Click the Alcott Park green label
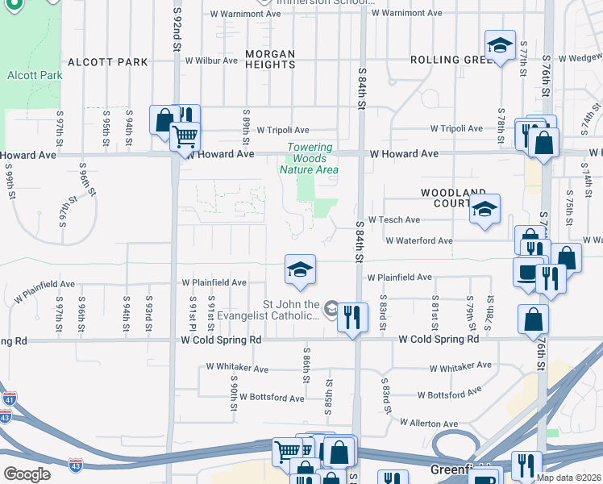click(28, 75)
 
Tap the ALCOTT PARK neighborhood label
click(108, 61)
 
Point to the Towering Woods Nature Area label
click(309, 158)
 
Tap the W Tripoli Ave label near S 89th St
click(283, 130)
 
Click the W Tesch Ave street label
click(393, 219)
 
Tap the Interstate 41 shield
click(9, 398)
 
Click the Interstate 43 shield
click(6, 416)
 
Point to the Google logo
click(27, 474)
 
